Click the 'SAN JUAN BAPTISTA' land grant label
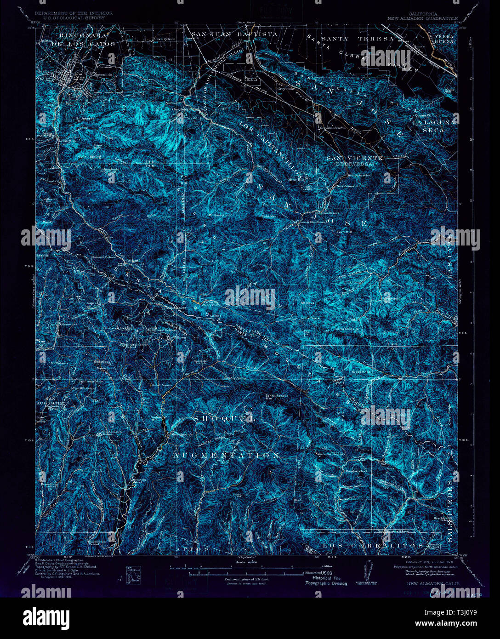click(x=234, y=34)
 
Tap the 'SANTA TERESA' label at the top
click(x=358, y=39)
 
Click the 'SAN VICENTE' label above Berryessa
click(x=354, y=158)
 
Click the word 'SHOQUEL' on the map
click(x=224, y=419)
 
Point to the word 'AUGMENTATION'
click(x=226, y=455)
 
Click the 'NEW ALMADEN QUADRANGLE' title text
click(x=423, y=19)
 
